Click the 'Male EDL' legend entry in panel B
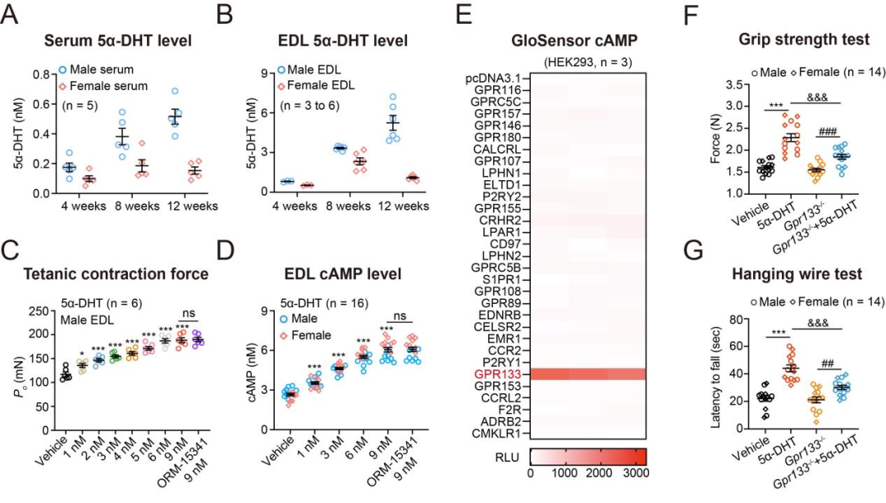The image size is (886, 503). point(323,70)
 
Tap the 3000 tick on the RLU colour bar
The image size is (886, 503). point(633,474)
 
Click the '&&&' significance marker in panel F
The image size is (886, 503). point(822,97)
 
